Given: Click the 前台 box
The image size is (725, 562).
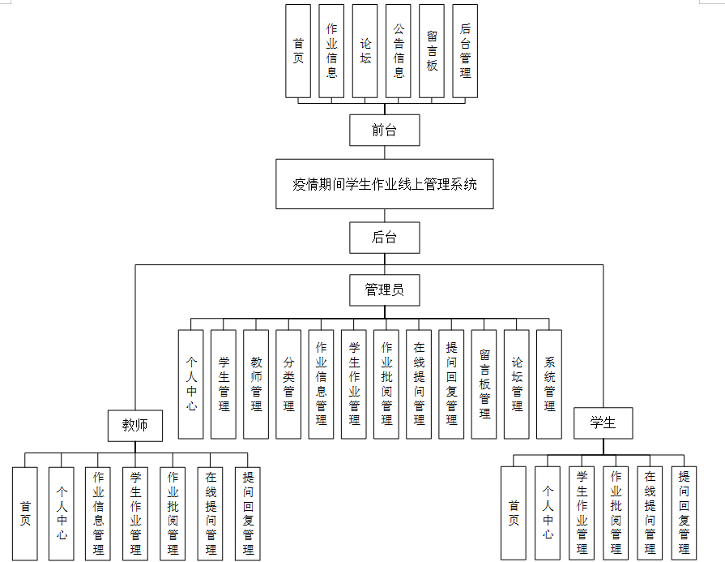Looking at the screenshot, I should tap(384, 130).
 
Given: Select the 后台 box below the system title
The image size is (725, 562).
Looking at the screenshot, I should tap(384, 238).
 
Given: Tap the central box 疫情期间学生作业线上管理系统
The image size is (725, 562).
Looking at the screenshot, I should tap(384, 184).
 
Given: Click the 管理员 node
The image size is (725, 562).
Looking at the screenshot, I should tap(384, 290).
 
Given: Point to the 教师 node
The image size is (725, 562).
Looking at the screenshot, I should tap(135, 424).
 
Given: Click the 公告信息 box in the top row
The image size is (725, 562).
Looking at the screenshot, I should tap(399, 51).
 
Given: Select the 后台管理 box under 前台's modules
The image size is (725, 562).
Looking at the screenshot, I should tap(465, 51).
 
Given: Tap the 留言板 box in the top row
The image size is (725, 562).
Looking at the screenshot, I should tap(432, 51).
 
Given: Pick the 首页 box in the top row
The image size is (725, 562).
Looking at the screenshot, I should tap(299, 51).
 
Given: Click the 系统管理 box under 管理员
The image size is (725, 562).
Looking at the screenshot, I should tap(549, 384).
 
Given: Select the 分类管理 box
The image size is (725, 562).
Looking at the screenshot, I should tap(288, 384).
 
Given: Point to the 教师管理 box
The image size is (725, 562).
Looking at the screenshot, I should tap(256, 384).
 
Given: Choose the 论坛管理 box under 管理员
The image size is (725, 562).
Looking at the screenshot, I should tap(517, 384).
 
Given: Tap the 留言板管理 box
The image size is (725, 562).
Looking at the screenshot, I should tap(484, 384).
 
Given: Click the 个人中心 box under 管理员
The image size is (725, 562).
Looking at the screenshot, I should tap(191, 384).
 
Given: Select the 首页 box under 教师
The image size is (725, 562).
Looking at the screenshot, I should tap(25, 513).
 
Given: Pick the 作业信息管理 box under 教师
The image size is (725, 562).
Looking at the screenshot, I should tap(98, 513).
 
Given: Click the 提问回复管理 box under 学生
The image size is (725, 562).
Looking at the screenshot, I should tap(684, 513).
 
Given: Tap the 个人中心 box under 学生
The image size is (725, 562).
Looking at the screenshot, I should tap(548, 513).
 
